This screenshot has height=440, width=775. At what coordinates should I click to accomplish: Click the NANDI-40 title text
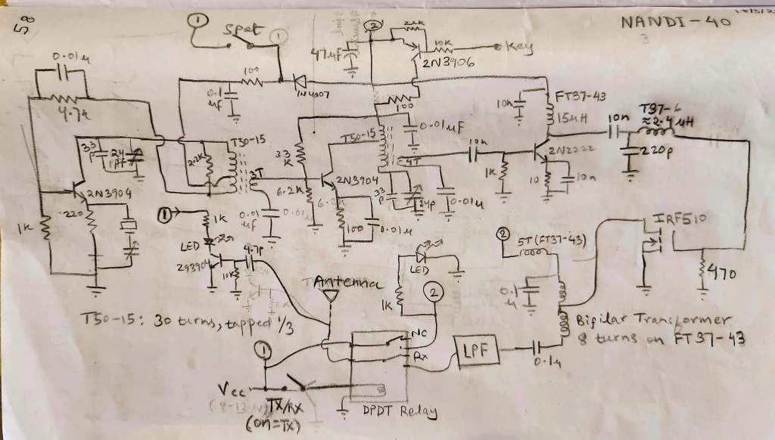click(676, 23)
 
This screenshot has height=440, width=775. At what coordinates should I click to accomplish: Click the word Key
click(519, 47)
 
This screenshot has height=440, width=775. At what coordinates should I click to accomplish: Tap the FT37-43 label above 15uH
click(582, 98)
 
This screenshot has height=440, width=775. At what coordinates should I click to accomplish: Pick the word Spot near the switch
click(242, 31)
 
